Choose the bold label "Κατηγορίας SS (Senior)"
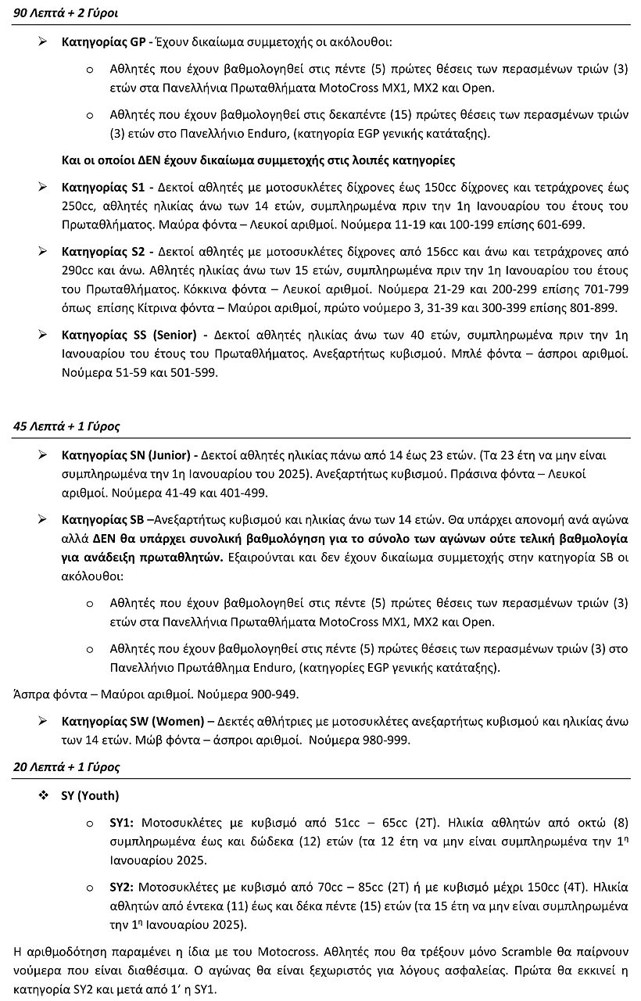point(128,335)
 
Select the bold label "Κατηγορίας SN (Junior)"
point(127,455)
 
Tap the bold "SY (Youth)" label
point(90,796)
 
